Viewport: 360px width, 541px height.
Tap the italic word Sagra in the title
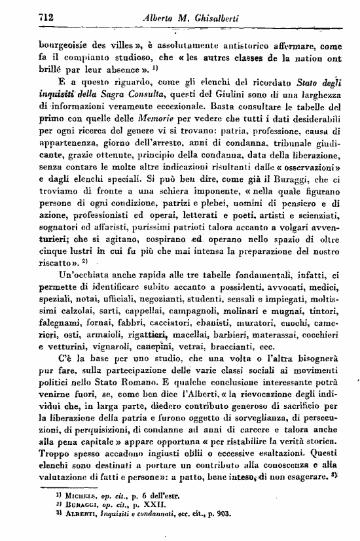coord(110,98)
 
